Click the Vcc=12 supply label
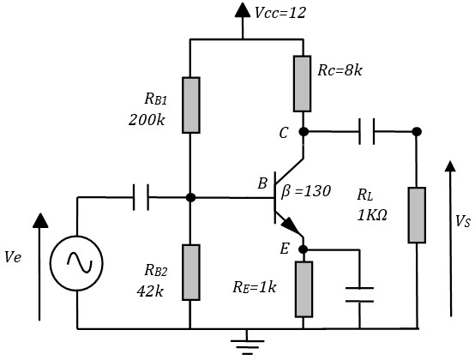pyautogui.click(x=280, y=13)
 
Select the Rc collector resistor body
pyautogui.click(x=303, y=84)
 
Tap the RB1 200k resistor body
pyautogui.click(x=191, y=105)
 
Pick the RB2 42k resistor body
pyautogui.click(x=191, y=273)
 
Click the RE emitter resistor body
pyautogui.click(x=304, y=289)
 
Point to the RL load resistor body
pyautogui.click(x=417, y=215)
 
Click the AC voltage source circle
pyautogui.click(x=76, y=263)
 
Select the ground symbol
pyautogui.click(x=247, y=342)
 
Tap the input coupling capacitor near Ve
pyautogui.click(x=141, y=197)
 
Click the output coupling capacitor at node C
pyautogui.click(x=367, y=131)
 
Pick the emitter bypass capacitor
pyautogui.click(x=359, y=295)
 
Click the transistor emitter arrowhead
pyautogui.click(x=288, y=225)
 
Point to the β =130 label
pyautogui.click(x=306, y=192)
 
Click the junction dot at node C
pyautogui.click(x=304, y=132)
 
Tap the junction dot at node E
pyautogui.click(x=304, y=249)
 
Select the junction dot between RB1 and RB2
pyautogui.click(x=190, y=197)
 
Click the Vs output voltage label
pyautogui.click(x=463, y=221)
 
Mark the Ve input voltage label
pyautogui.click(x=13, y=257)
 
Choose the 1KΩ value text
pyautogui.click(x=372, y=216)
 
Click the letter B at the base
pyautogui.click(x=262, y=183)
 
